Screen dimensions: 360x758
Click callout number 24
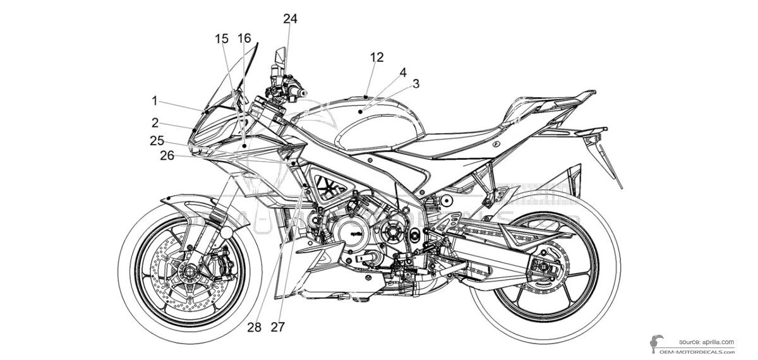290,19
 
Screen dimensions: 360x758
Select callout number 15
222,39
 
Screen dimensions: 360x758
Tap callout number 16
244,39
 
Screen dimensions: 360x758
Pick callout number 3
416,83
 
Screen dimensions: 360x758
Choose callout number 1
155,100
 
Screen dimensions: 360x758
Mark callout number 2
155,122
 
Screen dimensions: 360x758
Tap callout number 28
255,327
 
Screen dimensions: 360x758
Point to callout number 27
277,327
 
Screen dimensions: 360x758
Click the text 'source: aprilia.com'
707,342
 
